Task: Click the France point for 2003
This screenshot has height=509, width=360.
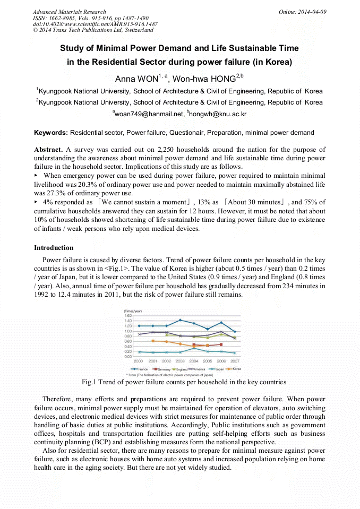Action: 180,320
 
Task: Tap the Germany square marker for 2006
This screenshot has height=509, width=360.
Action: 221,344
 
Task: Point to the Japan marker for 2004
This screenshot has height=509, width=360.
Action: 194,348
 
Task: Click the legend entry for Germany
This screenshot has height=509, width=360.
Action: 161,368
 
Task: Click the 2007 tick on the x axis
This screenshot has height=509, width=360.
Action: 235,361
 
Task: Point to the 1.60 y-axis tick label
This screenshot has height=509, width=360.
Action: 128,315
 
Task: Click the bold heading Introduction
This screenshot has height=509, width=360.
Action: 54,248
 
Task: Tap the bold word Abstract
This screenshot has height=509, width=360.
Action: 48,150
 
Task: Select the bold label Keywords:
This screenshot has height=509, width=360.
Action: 51,133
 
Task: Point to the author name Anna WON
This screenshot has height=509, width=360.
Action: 136,79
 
